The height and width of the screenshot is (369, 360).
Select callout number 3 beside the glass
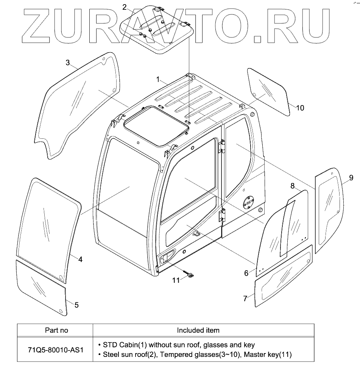coord(68,63)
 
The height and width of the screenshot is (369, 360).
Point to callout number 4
coord(80,259)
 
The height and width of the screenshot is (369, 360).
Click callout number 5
coord(76,305)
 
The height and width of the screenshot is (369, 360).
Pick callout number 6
coord(246,273)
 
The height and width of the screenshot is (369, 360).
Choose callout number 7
coord(245,298)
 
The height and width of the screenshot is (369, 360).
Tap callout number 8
coord(292,186)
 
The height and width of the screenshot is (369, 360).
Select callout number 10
coord(299,108)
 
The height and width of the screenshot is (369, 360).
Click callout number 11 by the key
coord(176,280)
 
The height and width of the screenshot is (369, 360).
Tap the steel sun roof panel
coord(156,28)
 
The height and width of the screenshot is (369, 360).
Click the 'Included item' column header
coord(198,330)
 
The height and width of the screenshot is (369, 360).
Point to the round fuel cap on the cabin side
coord(248,202)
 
